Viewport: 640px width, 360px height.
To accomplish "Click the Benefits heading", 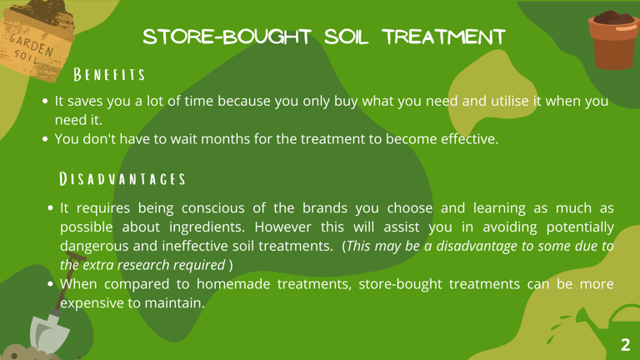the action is click(109, 75).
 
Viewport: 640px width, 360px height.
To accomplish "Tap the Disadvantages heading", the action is click(122, 179).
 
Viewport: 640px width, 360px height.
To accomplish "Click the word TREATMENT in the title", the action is click(444, 37).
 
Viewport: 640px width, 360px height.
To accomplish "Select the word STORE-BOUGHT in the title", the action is click(227, 37).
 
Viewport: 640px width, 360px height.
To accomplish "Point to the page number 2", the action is click(625, 345).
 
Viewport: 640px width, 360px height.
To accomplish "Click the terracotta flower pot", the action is click(613, 41).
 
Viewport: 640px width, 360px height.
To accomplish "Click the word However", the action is click(282, 227).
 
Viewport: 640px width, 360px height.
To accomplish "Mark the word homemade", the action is click(233, 284).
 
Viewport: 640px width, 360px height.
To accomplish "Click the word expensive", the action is click(90, 303).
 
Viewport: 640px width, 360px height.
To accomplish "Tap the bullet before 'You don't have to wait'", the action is click(45, 139).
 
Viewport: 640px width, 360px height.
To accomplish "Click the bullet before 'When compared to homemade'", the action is click(50, 283).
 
